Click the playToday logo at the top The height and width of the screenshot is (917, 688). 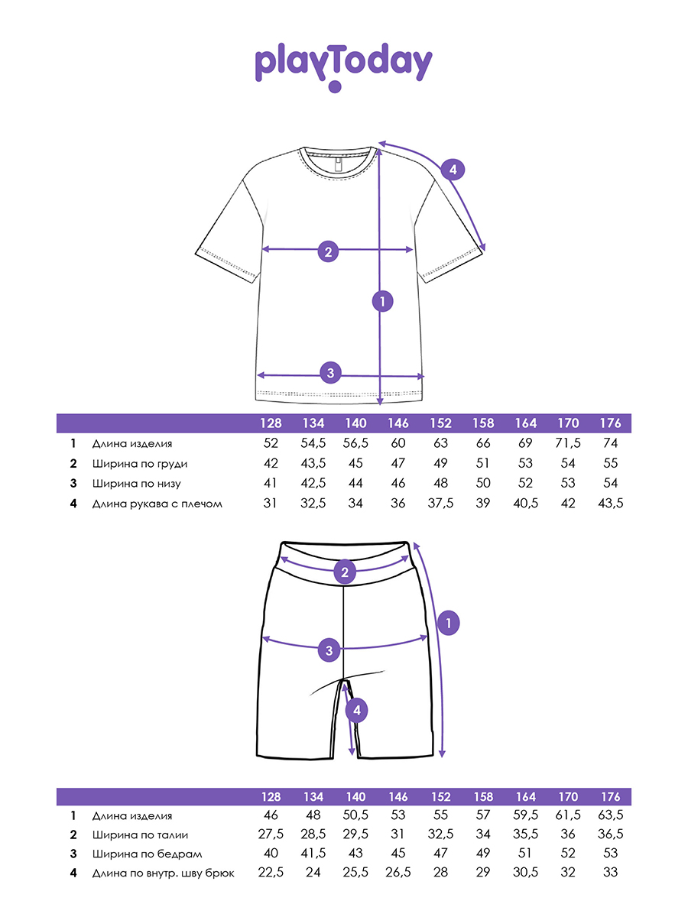tap(343, 66)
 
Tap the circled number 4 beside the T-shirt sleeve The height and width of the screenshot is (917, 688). tap(453, 170)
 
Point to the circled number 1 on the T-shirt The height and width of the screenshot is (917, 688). tap(382, 301)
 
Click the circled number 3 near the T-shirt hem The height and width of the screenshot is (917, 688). tap(330, 373)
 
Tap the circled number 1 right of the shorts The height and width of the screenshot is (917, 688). tap(449, 623)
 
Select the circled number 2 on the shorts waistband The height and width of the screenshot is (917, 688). tap(345, 572)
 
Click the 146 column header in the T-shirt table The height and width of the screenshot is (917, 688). tap(398, 423)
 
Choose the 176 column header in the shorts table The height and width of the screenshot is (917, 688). tap(611, 796)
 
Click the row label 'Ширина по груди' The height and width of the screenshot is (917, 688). tap(139, 464)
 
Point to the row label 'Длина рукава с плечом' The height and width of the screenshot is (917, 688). tap(157, 504)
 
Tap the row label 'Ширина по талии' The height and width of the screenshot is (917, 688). tap(140, 835)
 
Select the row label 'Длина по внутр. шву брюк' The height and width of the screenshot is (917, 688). tap(163, 874)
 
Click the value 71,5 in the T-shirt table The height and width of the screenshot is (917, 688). tap(568, 443)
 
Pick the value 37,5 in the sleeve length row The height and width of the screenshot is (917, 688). tap(441, 504)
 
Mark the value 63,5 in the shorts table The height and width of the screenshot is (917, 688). tap(611, 816)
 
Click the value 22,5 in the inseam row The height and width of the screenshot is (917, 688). tap(271, 874)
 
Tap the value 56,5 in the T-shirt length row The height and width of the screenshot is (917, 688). tap(355, 443)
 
